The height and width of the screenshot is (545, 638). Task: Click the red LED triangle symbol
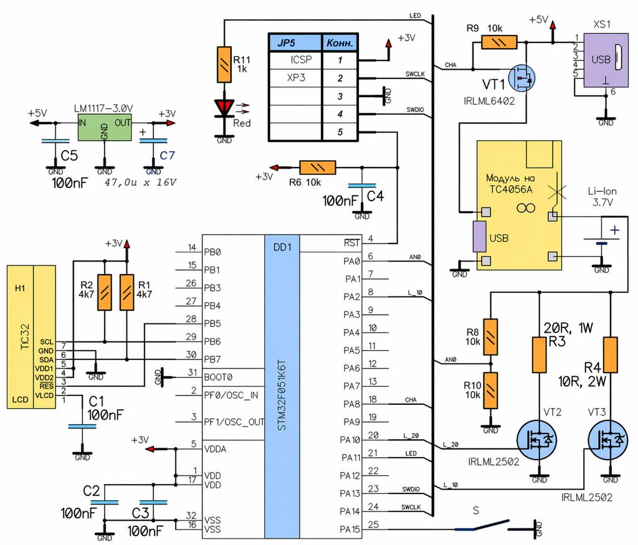tap(224, 108)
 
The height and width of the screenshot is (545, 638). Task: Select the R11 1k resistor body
tap(224, 65)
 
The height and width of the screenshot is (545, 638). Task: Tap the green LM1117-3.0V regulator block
tap(105, 127)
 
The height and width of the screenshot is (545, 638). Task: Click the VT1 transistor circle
tap(523, 78)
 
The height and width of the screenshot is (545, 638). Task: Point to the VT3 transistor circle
tap(609, 440)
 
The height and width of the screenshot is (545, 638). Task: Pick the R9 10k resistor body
tap(499, 42)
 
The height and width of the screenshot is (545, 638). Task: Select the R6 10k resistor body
tap(317, 168)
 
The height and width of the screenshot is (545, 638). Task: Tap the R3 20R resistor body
tap(540, 354)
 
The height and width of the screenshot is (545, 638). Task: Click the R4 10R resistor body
tap(611, 354)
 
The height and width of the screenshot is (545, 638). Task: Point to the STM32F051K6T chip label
tap(282, 395)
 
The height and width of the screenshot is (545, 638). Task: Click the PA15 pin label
tap(350, 529)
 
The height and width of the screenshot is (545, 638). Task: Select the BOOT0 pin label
tap(218, 377)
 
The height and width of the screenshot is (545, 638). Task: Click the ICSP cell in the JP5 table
tap(301, 60)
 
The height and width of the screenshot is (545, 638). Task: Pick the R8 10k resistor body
tap(491, 337)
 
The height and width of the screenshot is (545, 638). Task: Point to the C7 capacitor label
tap(167, 155)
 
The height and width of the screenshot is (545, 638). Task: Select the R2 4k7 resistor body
tap(105, 292)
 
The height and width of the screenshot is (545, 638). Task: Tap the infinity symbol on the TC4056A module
tap(526, 209)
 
